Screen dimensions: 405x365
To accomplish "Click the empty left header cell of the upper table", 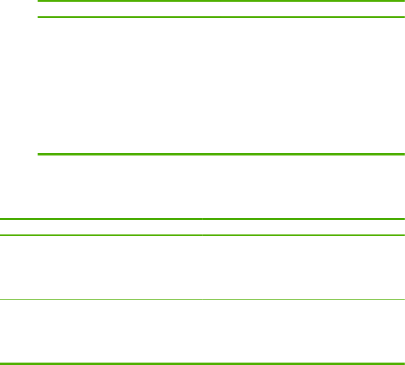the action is point(129,9).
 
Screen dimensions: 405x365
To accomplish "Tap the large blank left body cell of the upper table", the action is point(129,86).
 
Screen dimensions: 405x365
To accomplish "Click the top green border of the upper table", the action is point(220,1).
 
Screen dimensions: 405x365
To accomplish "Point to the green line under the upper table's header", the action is point(220,17).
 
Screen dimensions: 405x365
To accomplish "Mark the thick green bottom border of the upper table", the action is point(220,154).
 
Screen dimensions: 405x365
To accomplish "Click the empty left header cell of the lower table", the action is point(101,227).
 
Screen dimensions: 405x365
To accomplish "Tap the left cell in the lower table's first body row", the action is point(101,267).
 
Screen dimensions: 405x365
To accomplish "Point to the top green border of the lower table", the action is point(202,219).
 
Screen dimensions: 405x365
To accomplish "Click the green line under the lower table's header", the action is point(202,235).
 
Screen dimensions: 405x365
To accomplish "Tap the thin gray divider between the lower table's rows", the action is point(202,299).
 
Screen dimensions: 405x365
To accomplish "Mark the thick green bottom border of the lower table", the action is point(202,363).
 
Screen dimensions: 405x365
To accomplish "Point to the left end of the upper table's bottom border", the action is point(39,154).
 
